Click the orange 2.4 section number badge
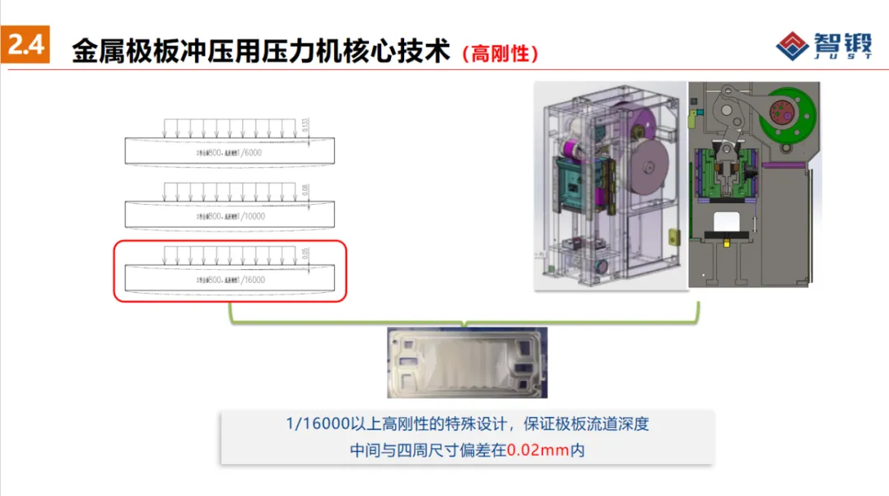26,46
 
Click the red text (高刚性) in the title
500,54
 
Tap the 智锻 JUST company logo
824,45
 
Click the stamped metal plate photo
465,363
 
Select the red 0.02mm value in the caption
538,451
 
